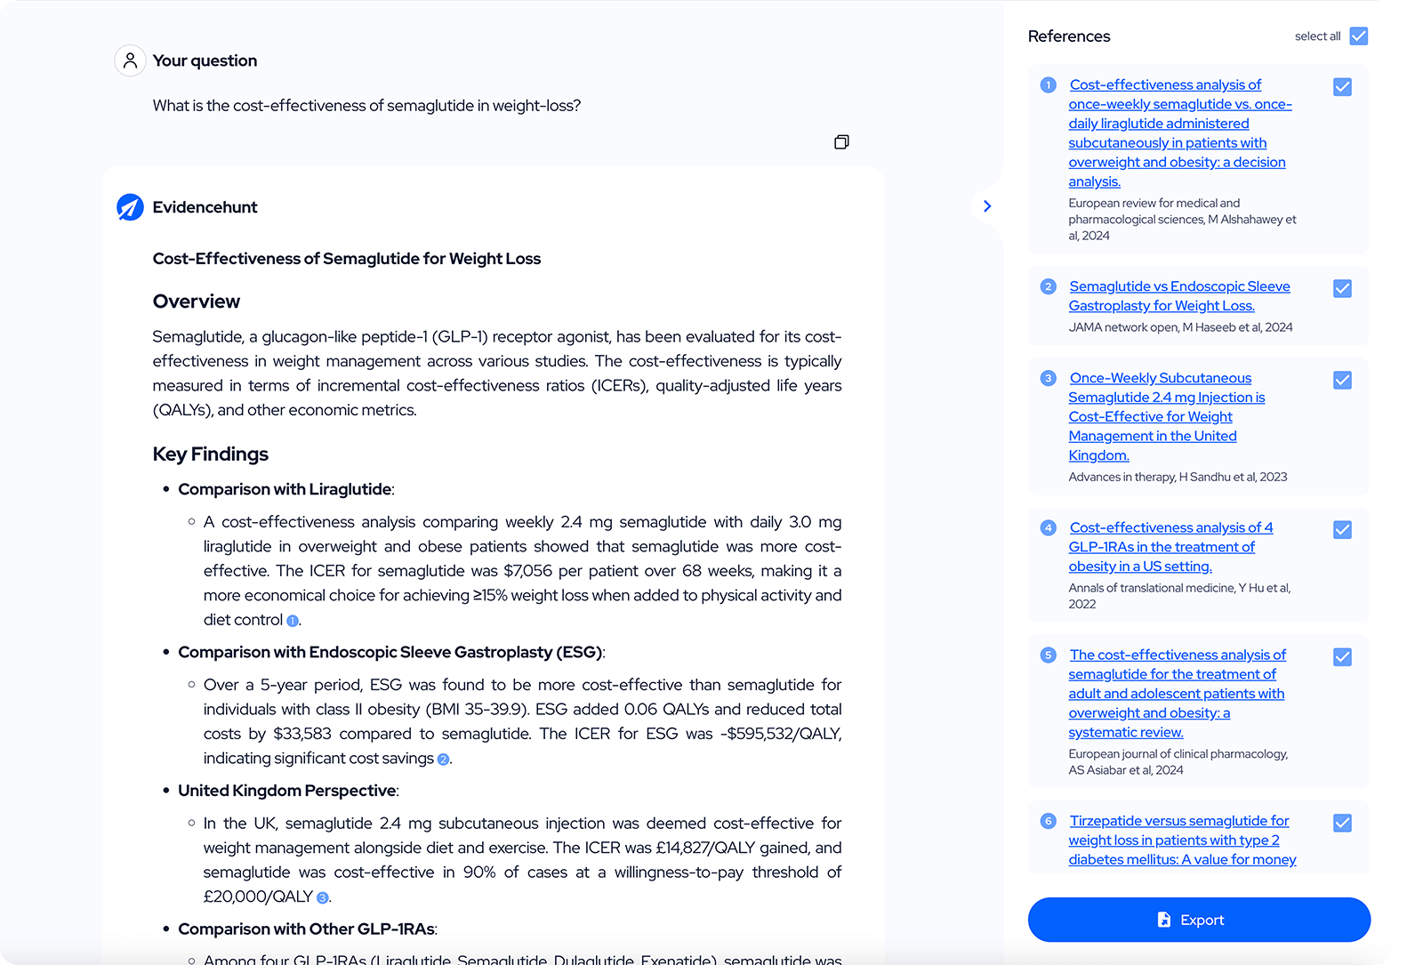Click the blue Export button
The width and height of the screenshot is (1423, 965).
(x=1199, y=920)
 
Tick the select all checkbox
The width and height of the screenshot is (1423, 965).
(x=1358, y=36)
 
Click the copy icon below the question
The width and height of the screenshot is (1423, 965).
(x=841, y=142)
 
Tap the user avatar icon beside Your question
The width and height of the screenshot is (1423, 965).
(x=130, y=60)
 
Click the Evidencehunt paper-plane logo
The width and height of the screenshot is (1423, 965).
(x=130, y=207)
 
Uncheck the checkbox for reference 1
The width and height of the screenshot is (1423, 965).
(x=1342, y=87)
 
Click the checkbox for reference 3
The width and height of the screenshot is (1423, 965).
(x=1342, y=381)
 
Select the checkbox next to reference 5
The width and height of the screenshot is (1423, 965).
(x=1342, y=657)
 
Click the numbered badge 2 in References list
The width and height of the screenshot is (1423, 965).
(x=1049, y=286)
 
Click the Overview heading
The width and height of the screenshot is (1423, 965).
(x=197, y=302)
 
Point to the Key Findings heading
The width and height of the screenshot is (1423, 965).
(x=211, y=454)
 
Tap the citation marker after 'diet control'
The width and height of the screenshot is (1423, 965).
(x=293, y=621)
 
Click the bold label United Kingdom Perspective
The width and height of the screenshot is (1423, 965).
(x=287, y=791)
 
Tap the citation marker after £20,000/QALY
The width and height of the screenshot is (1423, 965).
(x=323, y=897)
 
